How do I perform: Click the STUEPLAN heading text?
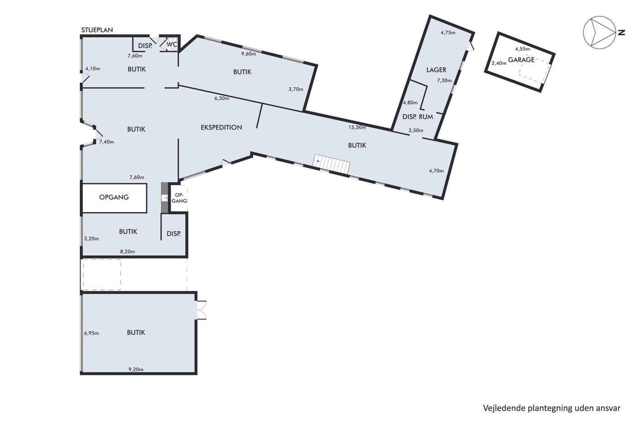pyautogui.click(x=97, y=30)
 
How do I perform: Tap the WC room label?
pyautogui.click(x=172, y=44)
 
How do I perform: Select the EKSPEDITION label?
pyautogui.click(x=221, y=127)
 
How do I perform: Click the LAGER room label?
pyautogui.click(x=436, y=70)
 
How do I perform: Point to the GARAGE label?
pyautogui.click(x=521, y=60)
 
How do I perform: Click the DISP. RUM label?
pyautogui.click(x=418, y=117)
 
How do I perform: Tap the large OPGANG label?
pyautogui.click(x=114, y=197)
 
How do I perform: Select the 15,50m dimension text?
pyautogui.click(x=357, y=127)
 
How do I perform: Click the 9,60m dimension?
pyautogui.click(x=249, y=54)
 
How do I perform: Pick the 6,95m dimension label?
pyautogui.click(x=91, y=333)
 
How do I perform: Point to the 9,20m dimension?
pyautogui.click(x=136, y=370)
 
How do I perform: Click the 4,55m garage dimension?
pyautogui.click(x=523, y=49)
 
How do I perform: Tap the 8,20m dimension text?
pyautogui.click(x=127, y=252)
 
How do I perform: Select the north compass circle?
pyautogui.click(x=600, y=33)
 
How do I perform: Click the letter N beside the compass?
pyautogui.click(x=621, y=33)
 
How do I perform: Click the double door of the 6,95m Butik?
pyautogui.click(x=202, y=310)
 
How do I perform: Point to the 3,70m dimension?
pyautogui.click(x=296, y=89)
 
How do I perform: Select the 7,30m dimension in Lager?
pyautogui.click(x=444, y=80)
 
